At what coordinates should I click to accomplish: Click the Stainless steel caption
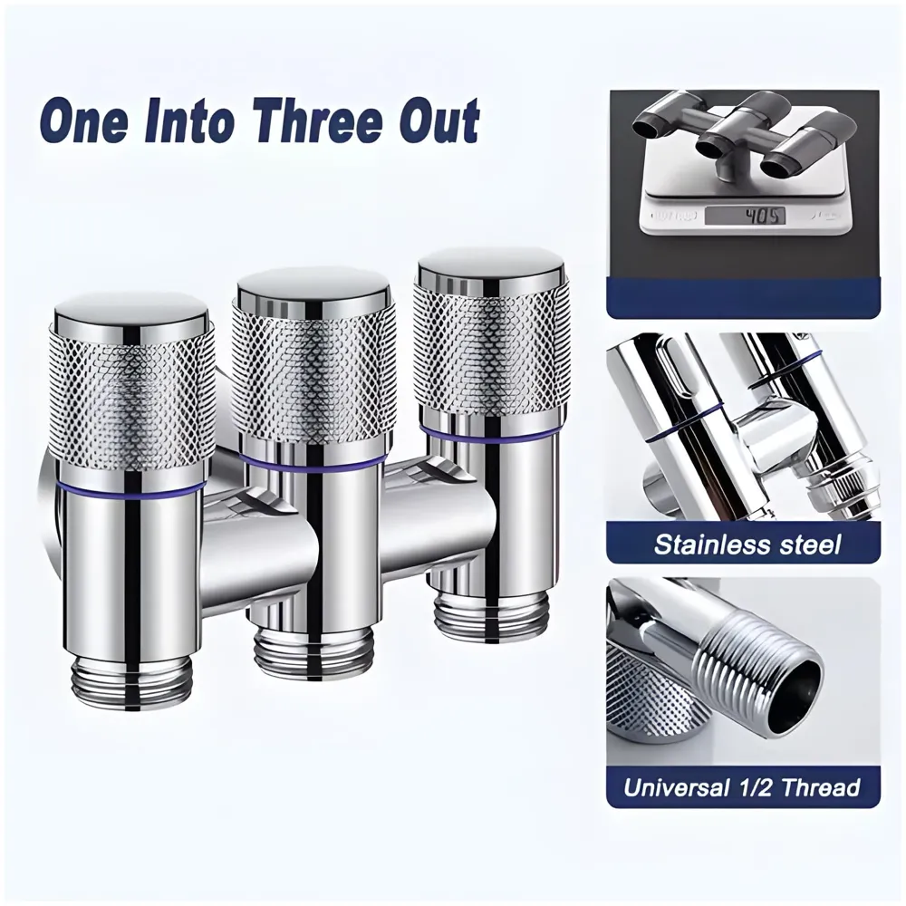point(746,545)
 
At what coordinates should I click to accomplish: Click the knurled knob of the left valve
point(132,399)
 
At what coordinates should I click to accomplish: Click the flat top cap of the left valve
point(132,312)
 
